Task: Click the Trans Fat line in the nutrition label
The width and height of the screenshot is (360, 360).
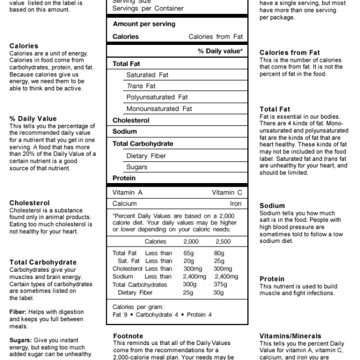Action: point(140,86)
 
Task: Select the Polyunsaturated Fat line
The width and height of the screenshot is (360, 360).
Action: point(157,97)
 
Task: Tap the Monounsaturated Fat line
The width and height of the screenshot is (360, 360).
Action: point(159,109)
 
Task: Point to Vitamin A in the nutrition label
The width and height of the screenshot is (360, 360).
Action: point(128,193)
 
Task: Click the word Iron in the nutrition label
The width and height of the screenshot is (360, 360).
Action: point(235,204)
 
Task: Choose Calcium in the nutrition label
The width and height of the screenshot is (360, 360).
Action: point(125,204)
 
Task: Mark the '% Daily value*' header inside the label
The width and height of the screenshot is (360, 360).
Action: point(220,52)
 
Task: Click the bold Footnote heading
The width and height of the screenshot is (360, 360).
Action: point(127,336)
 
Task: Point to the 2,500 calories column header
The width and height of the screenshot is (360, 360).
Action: point(222,241)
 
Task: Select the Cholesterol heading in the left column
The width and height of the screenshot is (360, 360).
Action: point(29,203)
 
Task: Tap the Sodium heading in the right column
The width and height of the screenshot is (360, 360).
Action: point(272,205)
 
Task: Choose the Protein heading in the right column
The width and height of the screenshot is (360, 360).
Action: point(272,279)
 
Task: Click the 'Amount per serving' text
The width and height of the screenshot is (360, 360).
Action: point(144,24)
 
